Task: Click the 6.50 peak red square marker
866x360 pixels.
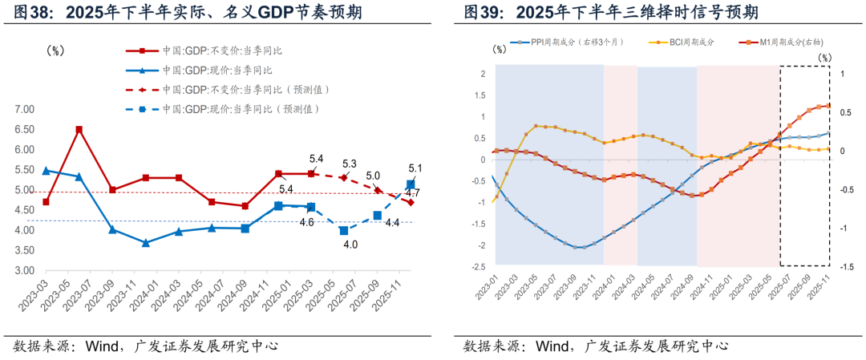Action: (79, 129)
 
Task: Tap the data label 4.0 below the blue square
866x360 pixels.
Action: (350, 245)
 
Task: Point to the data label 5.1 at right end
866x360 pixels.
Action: (414, 168)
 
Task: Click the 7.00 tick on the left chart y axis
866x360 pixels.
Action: (25, 109)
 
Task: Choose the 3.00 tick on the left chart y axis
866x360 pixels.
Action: (25, 271)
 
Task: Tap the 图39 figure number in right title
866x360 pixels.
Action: (483, 13)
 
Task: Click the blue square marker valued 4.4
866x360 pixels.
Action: (377, 215)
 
